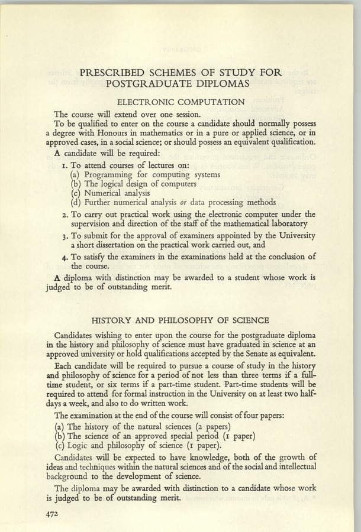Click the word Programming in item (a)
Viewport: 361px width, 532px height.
pyautogui.click(x=111, y=174)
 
